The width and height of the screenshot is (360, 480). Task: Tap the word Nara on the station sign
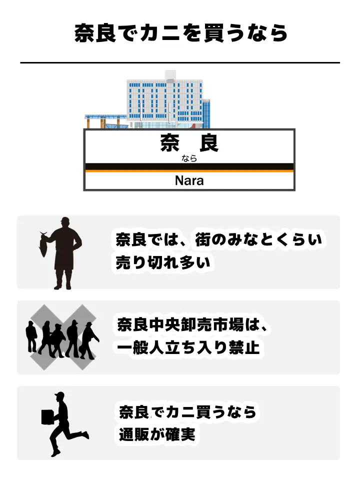pyautogui.click(x=189, y=180)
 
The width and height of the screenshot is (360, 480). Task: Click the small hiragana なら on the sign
pyautogui.click(x=189, y=158)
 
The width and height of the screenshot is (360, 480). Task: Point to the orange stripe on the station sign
pyautogui.click(x=189, y=171)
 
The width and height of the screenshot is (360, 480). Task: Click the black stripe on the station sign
pyautogui.click(x=189, y=166)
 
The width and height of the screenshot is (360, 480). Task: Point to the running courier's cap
pyautogui.click(x=60, y=395)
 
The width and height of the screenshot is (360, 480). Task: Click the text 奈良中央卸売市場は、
pyautogui.click(x=194, y=325)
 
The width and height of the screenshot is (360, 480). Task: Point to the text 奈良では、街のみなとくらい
pyautogui.click(x=218, y=240)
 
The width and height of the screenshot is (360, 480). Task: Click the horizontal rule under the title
pyautogui.click(x=180, y=63)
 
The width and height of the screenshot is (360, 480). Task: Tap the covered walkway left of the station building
pyautogui.click(x=105, y=120)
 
